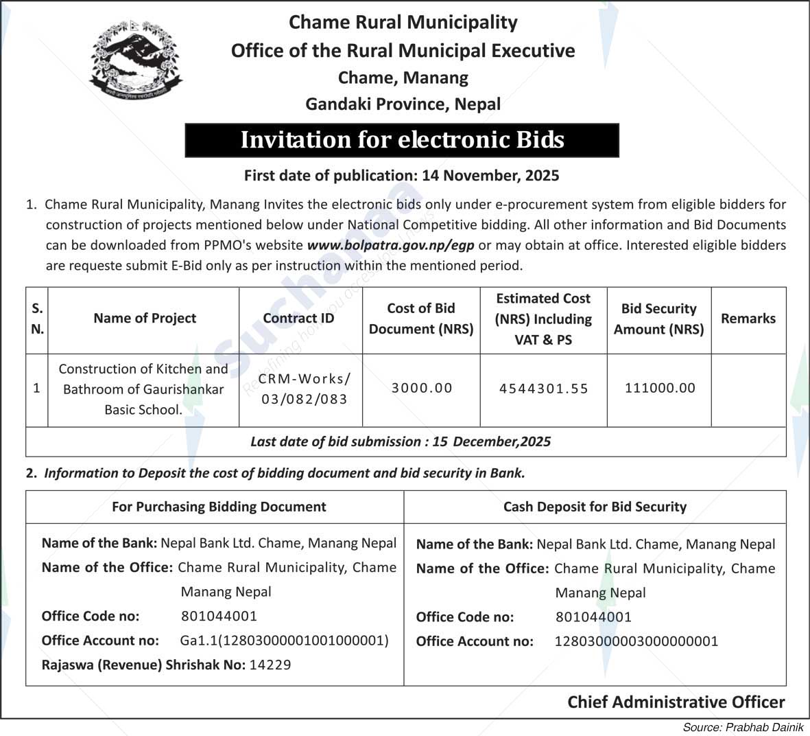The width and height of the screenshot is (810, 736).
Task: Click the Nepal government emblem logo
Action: pyautogui.click(x=136, y=61)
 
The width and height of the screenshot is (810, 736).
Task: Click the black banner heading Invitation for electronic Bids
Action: pyautogui.click(x=402, y=140)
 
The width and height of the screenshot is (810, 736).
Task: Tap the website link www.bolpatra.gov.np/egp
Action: pyautogui.click(x=390, y=245)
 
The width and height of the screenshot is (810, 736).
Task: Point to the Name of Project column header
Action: pyautogui.click(x=145, y=319)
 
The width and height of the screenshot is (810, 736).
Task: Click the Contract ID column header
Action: pyautogui.click(x=298, y=319)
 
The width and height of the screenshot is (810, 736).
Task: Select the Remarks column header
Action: pyautogui.click(x=748, y=319)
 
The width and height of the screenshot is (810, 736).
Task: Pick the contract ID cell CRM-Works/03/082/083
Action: pyautogui.click(x=304, y=389)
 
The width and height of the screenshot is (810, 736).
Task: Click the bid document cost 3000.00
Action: pyautogui.click(x=422, y=388)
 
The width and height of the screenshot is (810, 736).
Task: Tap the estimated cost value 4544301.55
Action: pyautogui.click(x=543, y=389)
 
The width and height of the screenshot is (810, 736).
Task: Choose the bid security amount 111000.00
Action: pyautogui.click(x=660, y=388)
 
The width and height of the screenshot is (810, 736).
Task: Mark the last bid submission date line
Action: pyautogui.click(x=401, y=441)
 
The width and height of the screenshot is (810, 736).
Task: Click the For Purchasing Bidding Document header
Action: pyautogui.click(x=219, y=507)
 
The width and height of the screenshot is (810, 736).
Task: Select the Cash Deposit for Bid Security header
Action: pyautogui.click(x=595, y=507)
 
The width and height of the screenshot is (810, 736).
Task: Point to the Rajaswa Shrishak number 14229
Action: pyautogui.click(x=270, y=665)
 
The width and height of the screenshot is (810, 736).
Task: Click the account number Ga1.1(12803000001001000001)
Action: pyautogui.click(x=284, y=641)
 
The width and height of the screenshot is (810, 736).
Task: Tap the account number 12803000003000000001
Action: pyautogui.click(x=636, y=641)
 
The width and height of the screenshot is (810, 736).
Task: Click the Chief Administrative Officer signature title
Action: pyautogui.click(x=676, y=702)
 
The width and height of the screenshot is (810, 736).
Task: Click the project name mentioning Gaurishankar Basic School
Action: pyautogui.click(x=143, y=389)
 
